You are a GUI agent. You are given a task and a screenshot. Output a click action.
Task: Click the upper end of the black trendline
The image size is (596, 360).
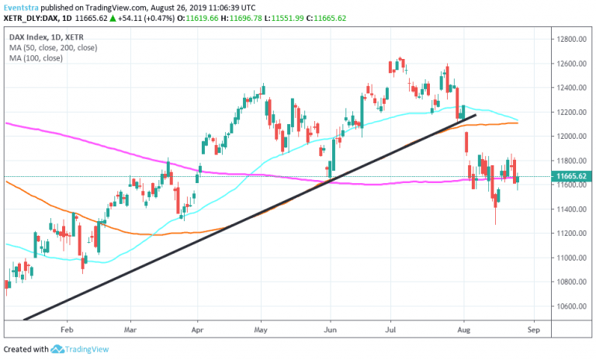[x=474, y=116]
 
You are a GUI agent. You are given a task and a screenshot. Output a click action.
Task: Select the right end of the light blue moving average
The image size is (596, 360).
[x=517, y=119]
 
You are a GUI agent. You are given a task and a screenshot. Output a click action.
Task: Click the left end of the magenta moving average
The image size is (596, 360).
[x=7, y=123]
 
